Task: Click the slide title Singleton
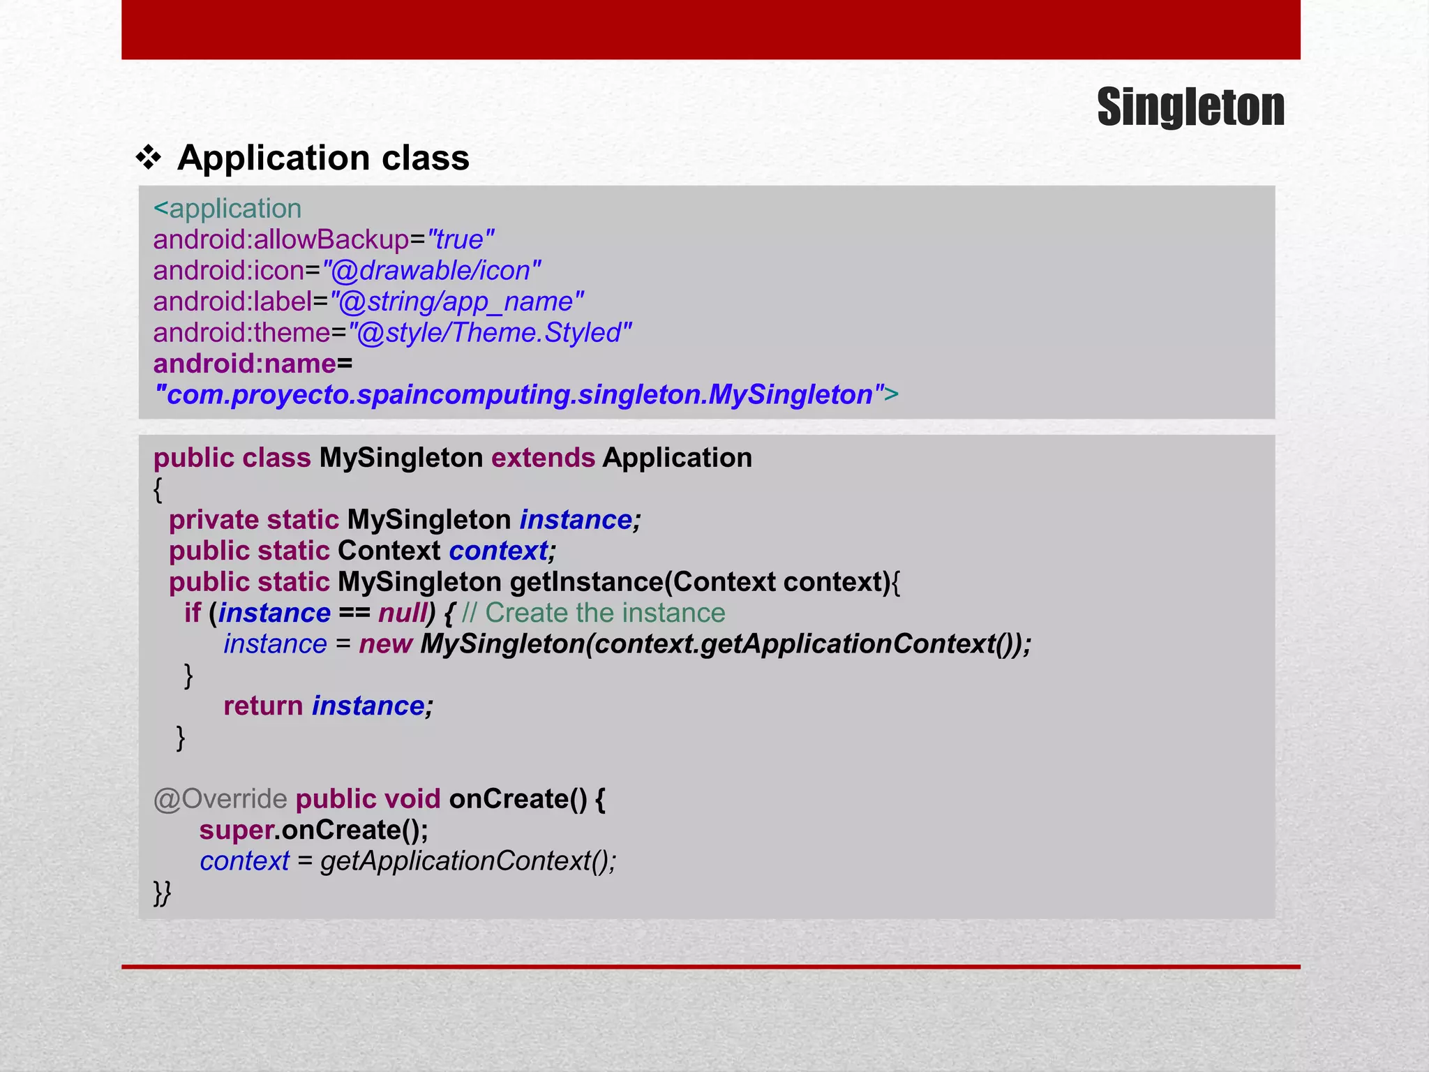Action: tap(1190, 107)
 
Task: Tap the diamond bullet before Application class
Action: tap(148, 158)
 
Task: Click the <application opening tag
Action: tap(227, 209)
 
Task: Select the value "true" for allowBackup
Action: tap(461, 240)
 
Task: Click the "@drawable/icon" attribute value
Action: tap(431, 271)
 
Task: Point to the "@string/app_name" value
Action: tap(456, 302)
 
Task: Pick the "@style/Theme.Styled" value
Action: tap(490, 333)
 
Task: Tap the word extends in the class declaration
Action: tap(543, 458)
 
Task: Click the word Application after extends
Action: tap(677, 458)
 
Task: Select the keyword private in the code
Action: tap(214, 520)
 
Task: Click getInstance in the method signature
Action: tap(586, 582)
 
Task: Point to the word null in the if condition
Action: tap(403, 613)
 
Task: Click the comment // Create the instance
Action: tap(594, 613)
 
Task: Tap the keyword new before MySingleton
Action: tap(385, 644)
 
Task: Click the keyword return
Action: tap(263, 706)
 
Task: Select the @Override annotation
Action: tap(220, 799)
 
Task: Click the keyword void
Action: tap(412, 799)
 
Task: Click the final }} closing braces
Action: tap(162, 893)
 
